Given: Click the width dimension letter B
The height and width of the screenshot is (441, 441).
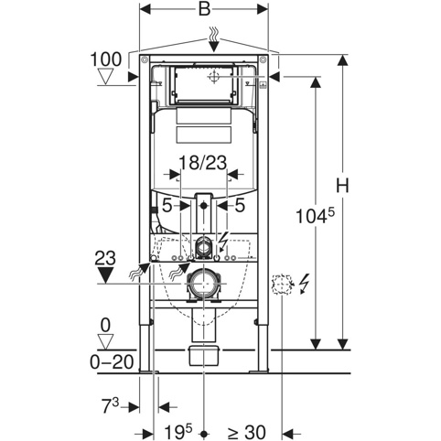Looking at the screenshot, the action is click(204, 8).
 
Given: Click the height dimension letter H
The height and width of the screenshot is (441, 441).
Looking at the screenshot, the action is click(342, 185).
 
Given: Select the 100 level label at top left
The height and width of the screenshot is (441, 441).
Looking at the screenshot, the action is click(106, 59).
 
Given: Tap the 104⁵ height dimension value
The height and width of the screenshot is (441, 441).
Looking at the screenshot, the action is click(315, 215).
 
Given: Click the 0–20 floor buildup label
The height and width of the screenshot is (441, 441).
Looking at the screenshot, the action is click(112, 362).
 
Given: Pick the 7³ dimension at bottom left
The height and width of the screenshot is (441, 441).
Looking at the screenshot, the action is click(110, 406).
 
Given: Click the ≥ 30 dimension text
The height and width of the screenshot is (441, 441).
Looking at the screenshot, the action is click(246, 432).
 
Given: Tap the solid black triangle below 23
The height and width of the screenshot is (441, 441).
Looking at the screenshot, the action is click(105, 274).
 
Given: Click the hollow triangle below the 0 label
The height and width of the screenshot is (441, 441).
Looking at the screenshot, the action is click(105, 341).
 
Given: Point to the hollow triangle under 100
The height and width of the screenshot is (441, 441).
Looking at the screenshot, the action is click(105, 77).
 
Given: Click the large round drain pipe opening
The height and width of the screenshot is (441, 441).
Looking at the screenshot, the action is click(202, 284).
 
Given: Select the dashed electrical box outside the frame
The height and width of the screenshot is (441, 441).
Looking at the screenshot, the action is click(282, 285).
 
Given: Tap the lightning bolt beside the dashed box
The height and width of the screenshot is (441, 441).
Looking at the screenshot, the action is click(305, 284).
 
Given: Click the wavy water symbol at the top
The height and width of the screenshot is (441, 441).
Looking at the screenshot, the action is click(214, 34).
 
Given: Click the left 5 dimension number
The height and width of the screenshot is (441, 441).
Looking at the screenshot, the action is click(167, 206).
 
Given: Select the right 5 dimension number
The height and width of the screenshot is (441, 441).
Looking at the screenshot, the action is click(240, 206).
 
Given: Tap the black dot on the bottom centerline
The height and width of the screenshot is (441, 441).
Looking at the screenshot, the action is click(204, 433).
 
